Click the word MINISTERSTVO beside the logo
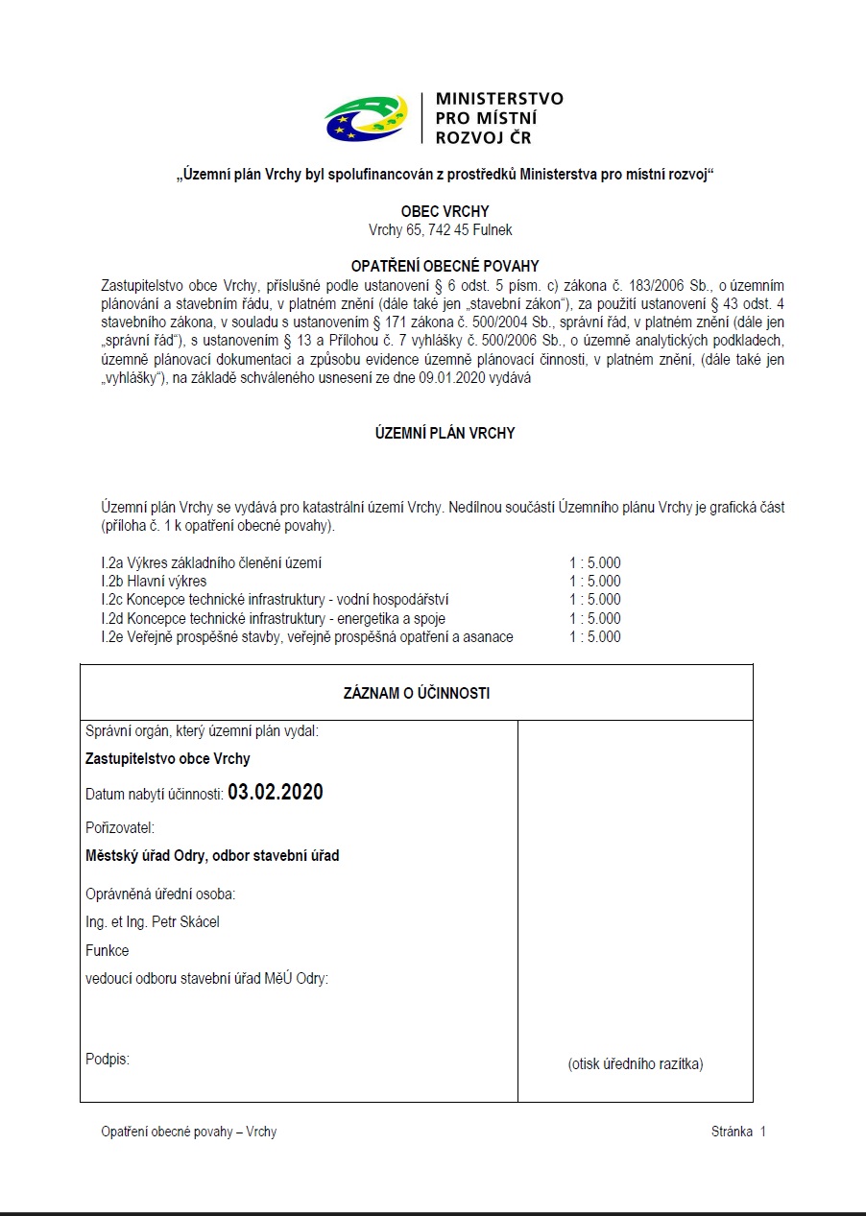499,99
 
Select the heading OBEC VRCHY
445,211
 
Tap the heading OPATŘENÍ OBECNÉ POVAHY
445,266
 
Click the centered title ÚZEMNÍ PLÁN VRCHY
445,433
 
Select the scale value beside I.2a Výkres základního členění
594,562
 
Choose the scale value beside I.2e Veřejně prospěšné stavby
594,637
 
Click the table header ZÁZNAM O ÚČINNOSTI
417,693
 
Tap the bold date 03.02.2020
276,793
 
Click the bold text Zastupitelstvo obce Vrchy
168,759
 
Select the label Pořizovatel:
120,827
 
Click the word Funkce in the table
108,950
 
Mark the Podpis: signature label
108,1060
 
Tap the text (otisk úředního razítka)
636,1063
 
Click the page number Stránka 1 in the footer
738,1132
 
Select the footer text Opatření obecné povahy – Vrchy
189,1132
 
